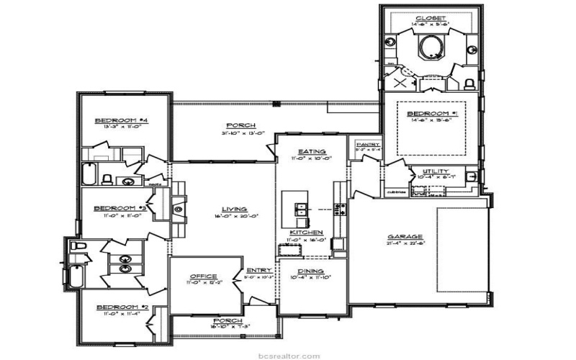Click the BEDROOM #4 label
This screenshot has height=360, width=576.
point(122,120)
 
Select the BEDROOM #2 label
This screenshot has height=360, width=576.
point(122,307)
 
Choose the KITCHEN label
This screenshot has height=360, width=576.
point(301,232)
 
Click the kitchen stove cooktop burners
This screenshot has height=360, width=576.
point(340,210)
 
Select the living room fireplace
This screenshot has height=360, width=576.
point(177,210)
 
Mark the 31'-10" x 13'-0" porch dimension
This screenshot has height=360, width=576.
point(235,132)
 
